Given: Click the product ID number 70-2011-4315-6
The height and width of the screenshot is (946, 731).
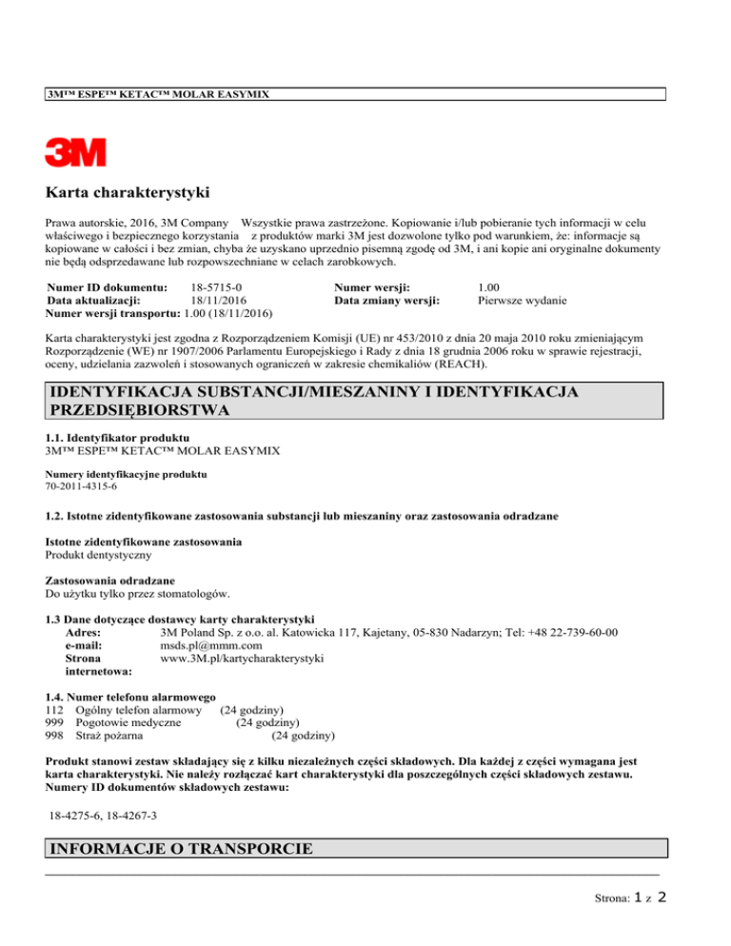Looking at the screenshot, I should click(x=82, y=486).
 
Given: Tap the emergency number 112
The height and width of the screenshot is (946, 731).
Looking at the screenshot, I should click(x=54, y=709).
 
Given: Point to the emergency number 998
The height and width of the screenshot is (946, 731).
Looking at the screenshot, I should click(x=54, y=736).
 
